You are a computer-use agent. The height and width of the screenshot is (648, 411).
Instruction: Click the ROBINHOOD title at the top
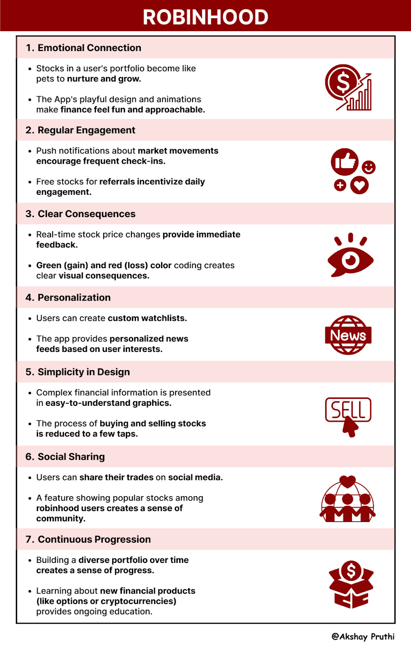(x=205, y=17)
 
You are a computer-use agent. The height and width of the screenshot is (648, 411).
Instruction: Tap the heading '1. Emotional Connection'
(x=83, y=48)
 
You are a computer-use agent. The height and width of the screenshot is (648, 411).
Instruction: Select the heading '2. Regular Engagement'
(x=81, y=130)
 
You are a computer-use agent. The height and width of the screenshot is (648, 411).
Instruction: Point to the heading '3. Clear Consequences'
(x=81, y=214)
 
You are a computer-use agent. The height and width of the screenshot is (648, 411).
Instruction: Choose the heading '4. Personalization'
(x=68, y=298)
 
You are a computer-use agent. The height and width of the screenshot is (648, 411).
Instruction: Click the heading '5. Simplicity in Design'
(x=78, y=372)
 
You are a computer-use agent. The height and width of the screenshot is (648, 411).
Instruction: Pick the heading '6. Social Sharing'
(x=65, y=457)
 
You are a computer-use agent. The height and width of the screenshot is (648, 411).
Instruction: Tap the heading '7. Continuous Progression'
(x=88, y=539)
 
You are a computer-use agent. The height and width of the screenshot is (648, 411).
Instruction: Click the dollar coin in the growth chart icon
(x=343, y=83)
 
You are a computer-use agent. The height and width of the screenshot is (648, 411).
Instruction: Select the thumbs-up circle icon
(x=345, y=162)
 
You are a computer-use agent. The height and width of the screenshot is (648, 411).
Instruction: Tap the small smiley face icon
(x=369, y=167)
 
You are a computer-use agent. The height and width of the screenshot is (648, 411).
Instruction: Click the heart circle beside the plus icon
(x=359, y=185)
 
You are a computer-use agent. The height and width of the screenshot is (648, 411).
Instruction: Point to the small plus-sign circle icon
(x=340, y=185)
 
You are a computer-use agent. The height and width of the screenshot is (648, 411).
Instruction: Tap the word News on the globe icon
(x=348, y=335)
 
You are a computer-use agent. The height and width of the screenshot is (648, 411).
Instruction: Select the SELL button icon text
(x=348, y=409)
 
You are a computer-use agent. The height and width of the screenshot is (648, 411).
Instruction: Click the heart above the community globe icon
(x=347, y=481)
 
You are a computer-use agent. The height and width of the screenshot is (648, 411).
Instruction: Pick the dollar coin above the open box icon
(x=351, y=571)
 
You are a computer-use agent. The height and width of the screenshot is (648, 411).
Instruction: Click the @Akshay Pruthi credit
(x=363, y=636)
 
